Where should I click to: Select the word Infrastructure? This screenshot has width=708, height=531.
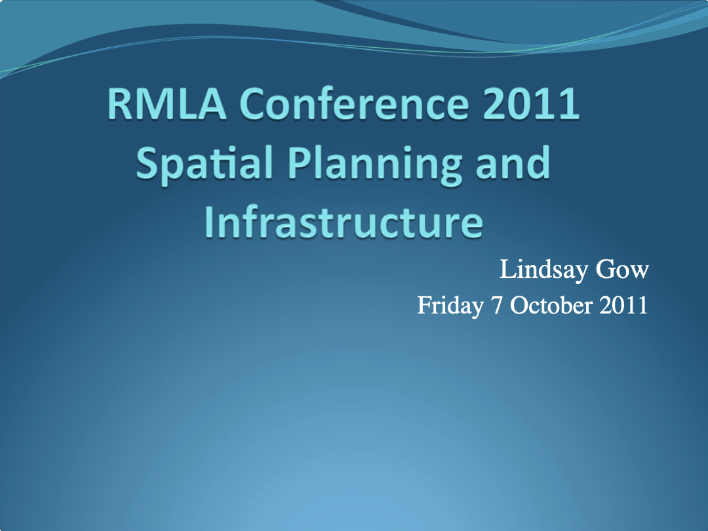[344, 223]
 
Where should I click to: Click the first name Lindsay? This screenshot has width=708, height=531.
[537, 269]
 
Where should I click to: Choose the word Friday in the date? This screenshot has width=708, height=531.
[450, 305]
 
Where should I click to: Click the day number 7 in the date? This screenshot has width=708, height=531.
[496, 305]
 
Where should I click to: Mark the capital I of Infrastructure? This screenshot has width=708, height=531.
[209, 223]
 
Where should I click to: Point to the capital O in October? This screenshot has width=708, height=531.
[519, 305]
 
